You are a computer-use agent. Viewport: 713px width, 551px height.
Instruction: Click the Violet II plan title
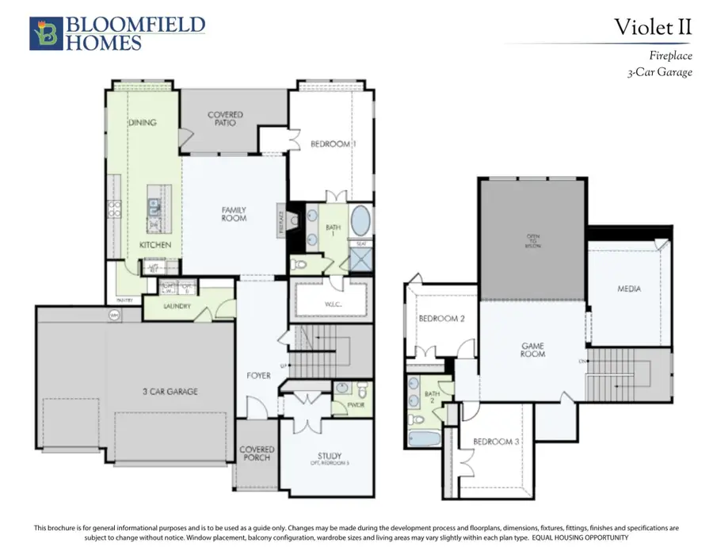653,27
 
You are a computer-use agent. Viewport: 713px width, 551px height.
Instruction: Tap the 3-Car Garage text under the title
659,72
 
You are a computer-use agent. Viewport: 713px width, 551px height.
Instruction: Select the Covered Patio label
226,119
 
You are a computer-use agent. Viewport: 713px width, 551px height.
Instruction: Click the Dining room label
143,123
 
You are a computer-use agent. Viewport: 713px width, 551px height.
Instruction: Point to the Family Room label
234,213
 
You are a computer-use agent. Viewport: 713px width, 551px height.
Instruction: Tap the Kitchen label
155,245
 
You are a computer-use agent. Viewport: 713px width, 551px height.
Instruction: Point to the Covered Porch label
256,453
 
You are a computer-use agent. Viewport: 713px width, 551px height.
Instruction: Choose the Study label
330,457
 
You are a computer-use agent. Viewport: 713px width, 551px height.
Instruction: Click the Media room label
629,289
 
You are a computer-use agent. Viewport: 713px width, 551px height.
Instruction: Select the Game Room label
532,350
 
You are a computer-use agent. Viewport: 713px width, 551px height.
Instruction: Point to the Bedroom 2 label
440,319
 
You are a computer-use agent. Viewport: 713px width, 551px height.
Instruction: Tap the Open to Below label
532,240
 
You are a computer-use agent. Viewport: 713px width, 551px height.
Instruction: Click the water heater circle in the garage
114,315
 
